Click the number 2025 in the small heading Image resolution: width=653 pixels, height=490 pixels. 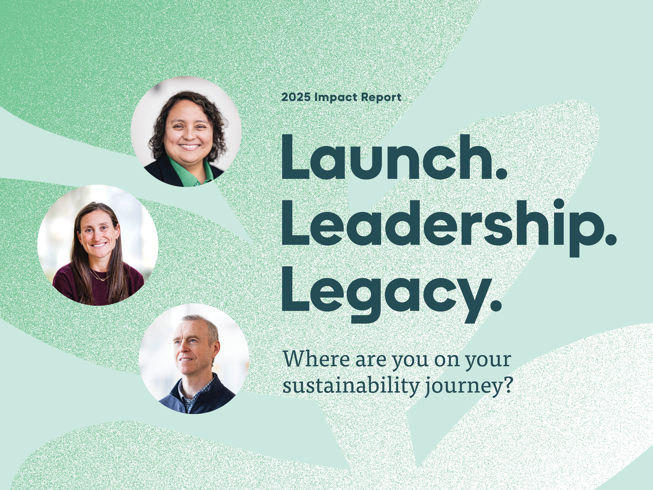(296, 97)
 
